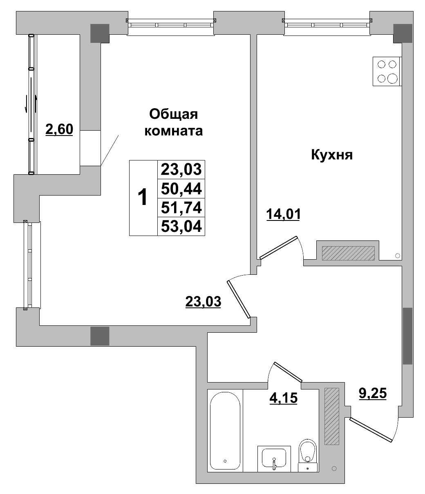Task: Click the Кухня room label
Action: point(332,155)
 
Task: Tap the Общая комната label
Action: point(174,122)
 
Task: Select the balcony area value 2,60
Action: point(59,129)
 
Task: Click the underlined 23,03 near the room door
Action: point(203,302)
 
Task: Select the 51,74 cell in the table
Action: point(181,207)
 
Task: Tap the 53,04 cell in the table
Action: point(181,226)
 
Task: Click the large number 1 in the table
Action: point(143,198)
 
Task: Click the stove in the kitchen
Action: point(387,71)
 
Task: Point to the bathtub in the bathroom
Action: point(225,430)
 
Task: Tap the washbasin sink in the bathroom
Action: point(274,458)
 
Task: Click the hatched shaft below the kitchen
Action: point(348,253)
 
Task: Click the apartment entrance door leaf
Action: point(371,430)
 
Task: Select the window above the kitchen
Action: point(327,24)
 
